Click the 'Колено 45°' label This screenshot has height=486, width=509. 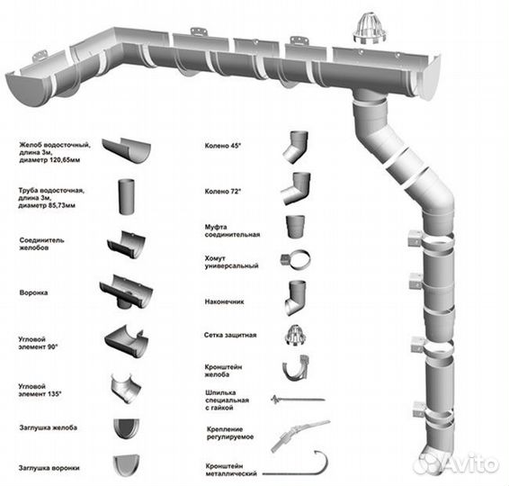pyautogui.click(x=223, y=146)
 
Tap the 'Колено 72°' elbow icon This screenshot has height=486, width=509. pyautogui.click(x=296, y=188)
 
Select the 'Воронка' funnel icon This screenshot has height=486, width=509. pyautogui.click(x=126, y=292)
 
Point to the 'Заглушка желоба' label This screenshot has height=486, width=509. pyautogui.click(x=48, y=427)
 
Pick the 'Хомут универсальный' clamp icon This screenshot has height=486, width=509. pyautogui.click(x=295, y=260)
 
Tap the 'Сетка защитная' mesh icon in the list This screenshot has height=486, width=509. pyautogui.click(x=296, y=335)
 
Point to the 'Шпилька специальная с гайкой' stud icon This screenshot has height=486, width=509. pyautogui.click(x=298, y=400)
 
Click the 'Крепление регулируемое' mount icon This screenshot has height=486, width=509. pyautogui.click(x=300, y=436)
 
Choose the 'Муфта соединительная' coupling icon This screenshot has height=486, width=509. pyautogui.click(x=295, y=227)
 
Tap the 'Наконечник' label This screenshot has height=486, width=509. pyautogui.click(x=224, y=301)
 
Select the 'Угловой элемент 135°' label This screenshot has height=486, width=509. pyautogui.click(x=40, y=391)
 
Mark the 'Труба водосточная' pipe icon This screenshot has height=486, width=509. pyautogui.click(x=126, y=196)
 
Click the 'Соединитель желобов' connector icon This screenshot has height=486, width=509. pyautogui.click(x=126, y=245)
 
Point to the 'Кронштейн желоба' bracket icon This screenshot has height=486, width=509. pyautogui.click(x=296, y=368)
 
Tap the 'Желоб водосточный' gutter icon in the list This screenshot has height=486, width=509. pyautogui.click(x=126, y=150)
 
